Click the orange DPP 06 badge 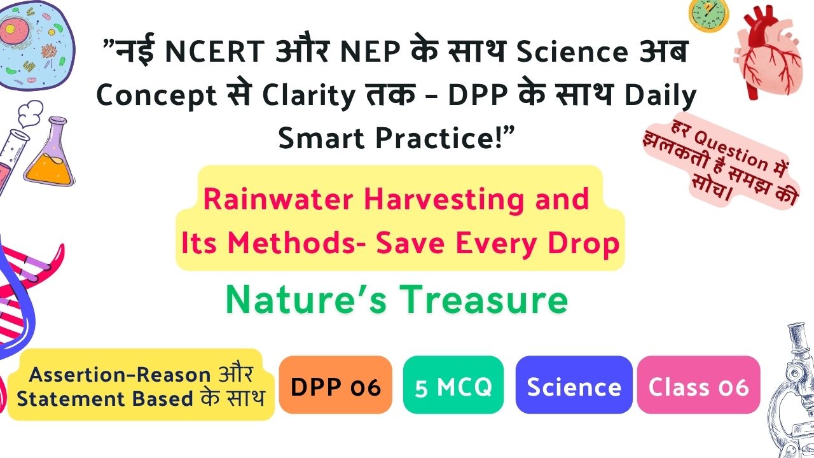335,385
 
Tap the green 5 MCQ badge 453,385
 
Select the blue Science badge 574,385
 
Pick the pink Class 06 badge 698,385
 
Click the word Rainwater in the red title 278,199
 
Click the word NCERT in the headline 214,52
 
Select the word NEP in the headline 370,52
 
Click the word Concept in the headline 156,96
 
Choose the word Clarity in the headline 308,96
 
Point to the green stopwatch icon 708,15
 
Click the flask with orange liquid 50,153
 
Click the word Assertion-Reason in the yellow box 120,375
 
